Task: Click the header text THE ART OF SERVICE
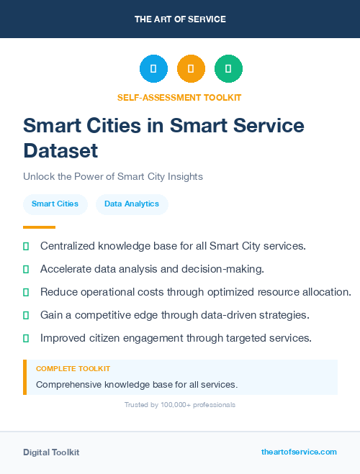(x=180, y=19)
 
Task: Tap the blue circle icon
(x=153, y=69)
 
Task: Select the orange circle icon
(x=191, y=69)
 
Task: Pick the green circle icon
(x=228, y=69)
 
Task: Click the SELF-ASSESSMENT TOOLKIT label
(x=179, y=97)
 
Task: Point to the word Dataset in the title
(x=60, y=151)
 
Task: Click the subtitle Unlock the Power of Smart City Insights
(x=113, y=176)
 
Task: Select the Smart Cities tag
(x=55, y=204)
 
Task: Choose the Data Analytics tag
(x=132, y=204)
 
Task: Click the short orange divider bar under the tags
(x=39, y=227)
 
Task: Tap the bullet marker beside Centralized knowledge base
(x=26, y=246)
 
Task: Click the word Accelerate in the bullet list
(x=67, y=269)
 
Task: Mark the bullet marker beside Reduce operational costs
(x=26, y=292)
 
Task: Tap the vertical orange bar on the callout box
(x=24, y=377)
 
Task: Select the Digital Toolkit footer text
(x=51, y=452)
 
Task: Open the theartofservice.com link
(x=299, y=452)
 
